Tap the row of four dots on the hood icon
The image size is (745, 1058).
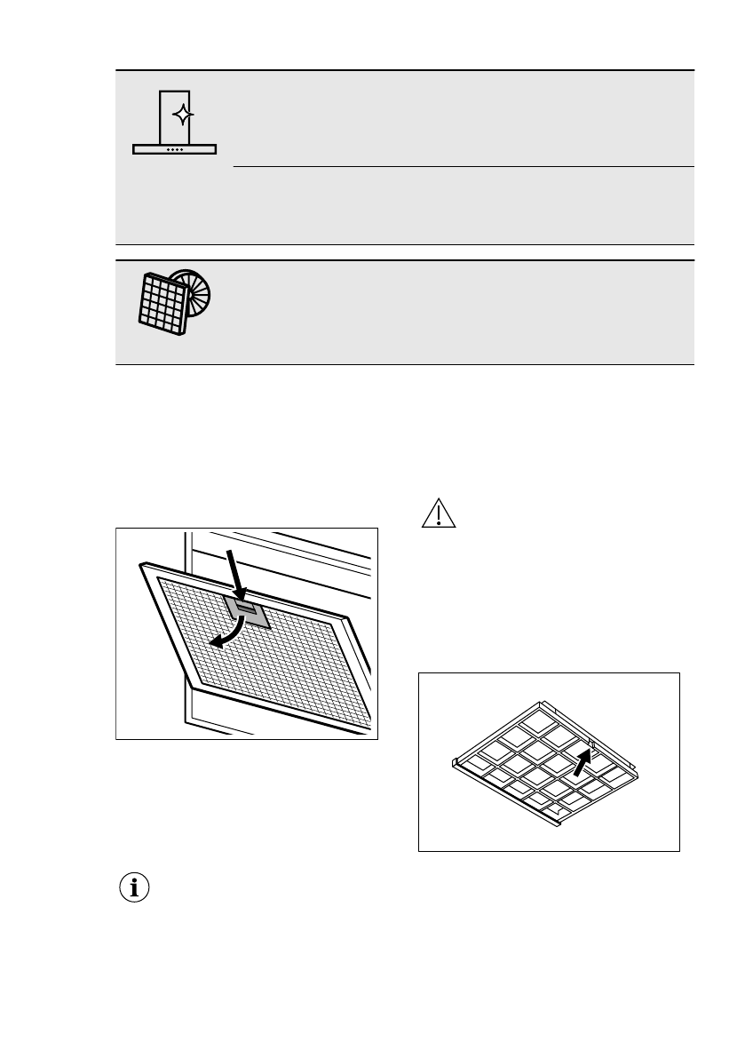point(175,149)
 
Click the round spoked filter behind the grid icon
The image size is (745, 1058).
point(197,290)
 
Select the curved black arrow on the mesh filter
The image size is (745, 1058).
point(225,632)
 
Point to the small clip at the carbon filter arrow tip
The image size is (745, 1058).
point(593,744)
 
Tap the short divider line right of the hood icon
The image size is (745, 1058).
point(462,166)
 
